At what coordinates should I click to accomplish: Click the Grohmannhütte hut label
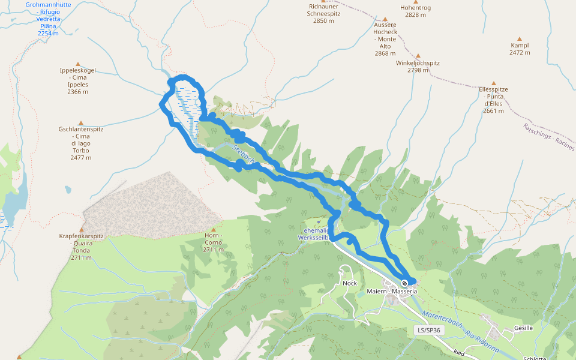(48, 19)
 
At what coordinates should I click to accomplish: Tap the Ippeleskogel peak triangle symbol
(77, 64)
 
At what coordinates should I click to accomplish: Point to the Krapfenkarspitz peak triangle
(81, 229)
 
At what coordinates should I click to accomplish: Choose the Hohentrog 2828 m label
(415, 11)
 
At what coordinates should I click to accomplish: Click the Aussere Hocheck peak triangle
(385, 19)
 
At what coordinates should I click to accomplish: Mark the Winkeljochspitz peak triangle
(418, 55)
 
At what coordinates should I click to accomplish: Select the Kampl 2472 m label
(520, 49)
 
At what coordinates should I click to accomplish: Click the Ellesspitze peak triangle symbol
(494, 83)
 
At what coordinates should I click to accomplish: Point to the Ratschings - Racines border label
(548, 137)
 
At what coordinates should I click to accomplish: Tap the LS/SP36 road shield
(429, 331)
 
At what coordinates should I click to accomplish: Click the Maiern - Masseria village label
(392, 292)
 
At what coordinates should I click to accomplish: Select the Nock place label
(349, 283)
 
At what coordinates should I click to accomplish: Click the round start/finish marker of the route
(405, 283)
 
